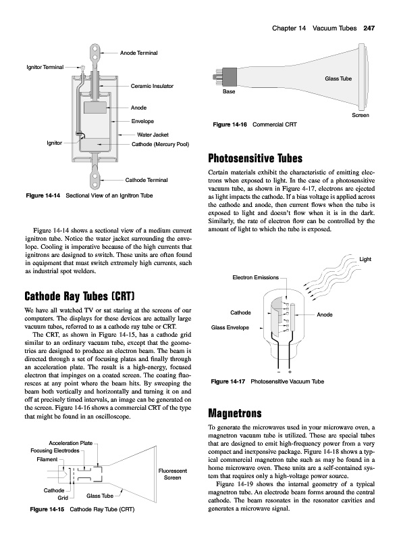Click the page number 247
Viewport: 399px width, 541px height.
coord(369,28)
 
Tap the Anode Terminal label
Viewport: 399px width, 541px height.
coord(138,53)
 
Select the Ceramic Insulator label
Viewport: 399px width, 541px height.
coord(152,86)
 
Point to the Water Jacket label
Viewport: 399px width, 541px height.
coord(153,135)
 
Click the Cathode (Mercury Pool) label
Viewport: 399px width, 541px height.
coord(160,144)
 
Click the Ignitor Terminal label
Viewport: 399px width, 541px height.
coord(45,67)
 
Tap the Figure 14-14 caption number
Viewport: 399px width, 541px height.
coord(43,195)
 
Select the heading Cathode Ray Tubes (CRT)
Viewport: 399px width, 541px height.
coord(79,296)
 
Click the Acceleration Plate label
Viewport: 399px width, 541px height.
coord(71,443)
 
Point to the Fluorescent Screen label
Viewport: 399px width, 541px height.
coord(173,474)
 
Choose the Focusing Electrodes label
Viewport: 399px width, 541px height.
coord(55,450)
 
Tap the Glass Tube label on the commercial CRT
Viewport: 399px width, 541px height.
coord(338,78)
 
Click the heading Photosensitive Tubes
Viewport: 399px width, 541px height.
coord(255,158)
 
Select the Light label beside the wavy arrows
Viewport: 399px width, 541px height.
coord(365,259)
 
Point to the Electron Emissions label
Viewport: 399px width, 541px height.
coord(255,277)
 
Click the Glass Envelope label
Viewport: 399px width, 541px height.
coord(230,327)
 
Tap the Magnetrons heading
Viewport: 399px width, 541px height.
coord(235,413)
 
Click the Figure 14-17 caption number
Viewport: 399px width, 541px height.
coord(228,381)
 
